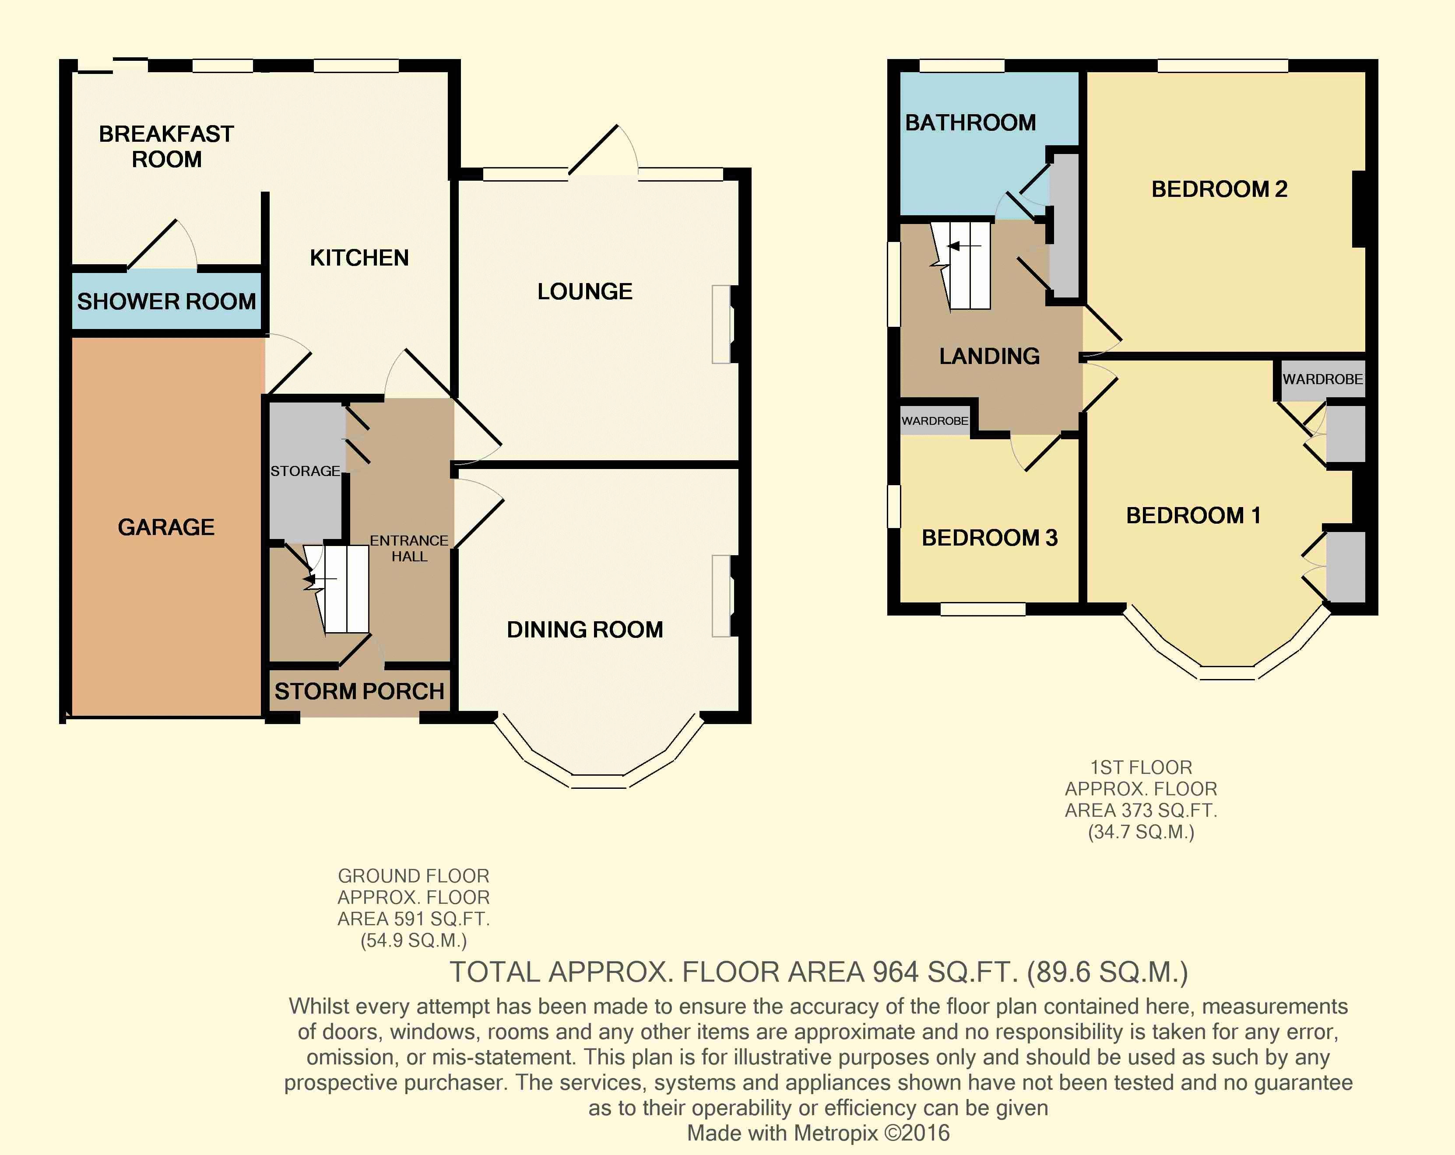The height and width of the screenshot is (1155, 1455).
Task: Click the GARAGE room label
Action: (166, 527)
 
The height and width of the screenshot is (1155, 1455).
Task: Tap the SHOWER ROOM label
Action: (167, 301)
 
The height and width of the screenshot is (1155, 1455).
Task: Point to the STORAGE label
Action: (305, 471)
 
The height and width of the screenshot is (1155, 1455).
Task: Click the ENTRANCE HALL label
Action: (409, 549)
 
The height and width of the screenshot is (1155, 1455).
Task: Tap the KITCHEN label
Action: (359, 258)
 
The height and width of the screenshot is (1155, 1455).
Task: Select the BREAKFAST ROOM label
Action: (167, 147)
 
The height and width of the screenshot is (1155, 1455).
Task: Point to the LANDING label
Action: (989, 356)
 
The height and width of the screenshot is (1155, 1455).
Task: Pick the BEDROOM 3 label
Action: (989, 538)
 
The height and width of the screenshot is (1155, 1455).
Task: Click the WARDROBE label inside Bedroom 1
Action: (1323, 379)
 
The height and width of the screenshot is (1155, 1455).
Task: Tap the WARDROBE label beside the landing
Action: (935, 421)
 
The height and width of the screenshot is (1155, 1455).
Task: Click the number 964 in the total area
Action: (896, 972)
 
